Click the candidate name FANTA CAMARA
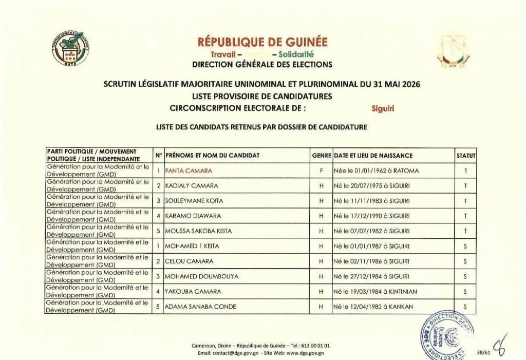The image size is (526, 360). (x=189, y=170)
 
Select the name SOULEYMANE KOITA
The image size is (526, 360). (x=193, y=200)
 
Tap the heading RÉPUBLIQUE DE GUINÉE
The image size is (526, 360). (x=262, y=42)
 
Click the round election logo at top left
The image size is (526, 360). (x=72, y=51)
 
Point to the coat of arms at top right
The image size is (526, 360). (x=452, y=52)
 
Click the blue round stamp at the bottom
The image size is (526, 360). (x=447, y=332)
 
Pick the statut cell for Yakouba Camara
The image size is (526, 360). (x=465, y=292)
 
